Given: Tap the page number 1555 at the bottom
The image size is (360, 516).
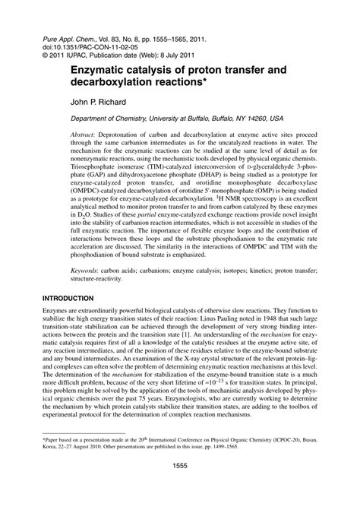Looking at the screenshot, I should click(x=179, y=487).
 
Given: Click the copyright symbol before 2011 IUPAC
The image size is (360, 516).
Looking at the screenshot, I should click(x=45, y=55).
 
